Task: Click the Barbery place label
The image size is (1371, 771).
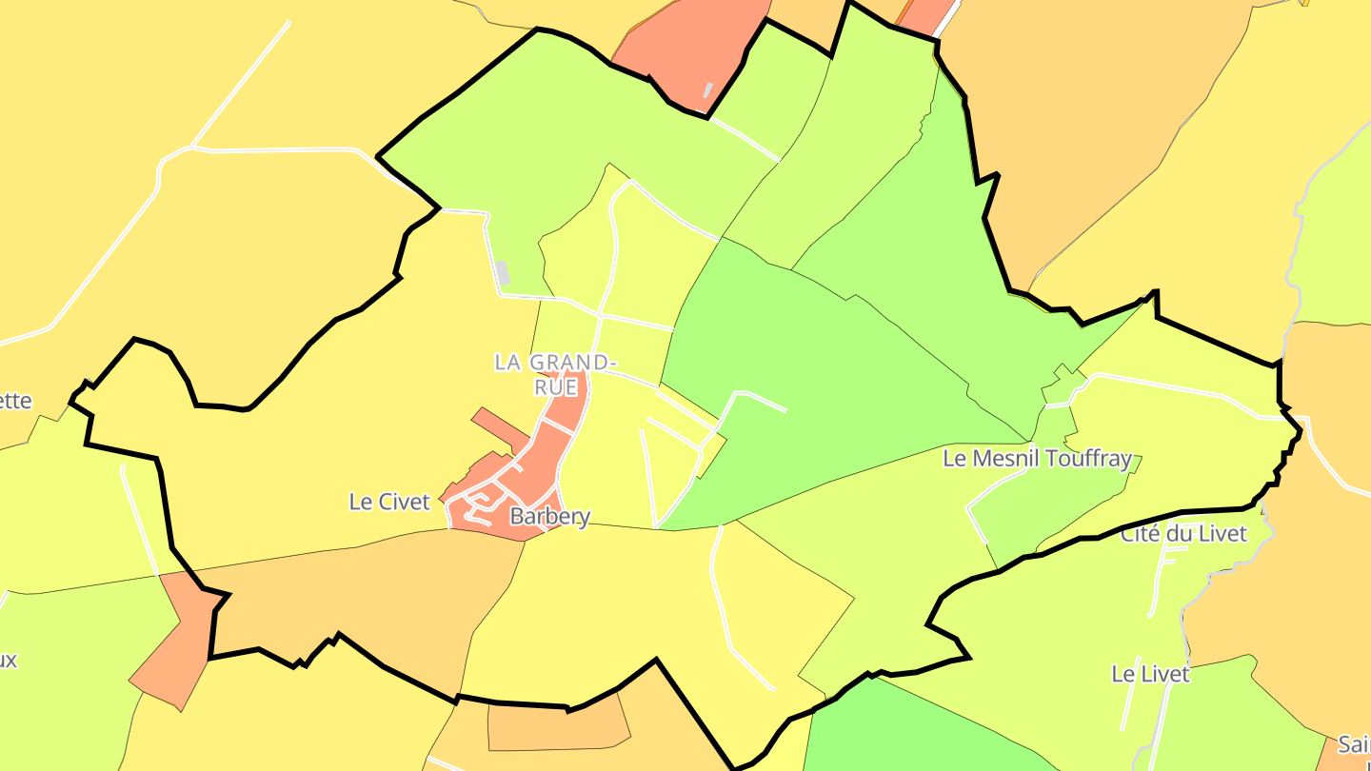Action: pos(549,517)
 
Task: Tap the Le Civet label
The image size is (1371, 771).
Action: pos(390,502)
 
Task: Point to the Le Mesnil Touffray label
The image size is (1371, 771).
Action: pos(1037,459)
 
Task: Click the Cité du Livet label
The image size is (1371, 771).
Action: pos(1182,534)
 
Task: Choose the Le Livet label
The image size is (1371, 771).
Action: pos(1150,674)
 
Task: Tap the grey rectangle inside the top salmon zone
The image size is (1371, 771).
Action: pos(707,90)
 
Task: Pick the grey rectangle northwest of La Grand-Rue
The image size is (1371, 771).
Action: pos(503,273)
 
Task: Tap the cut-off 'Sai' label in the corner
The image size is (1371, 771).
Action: pos(1353,743)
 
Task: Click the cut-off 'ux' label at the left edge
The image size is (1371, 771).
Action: pos(9,660)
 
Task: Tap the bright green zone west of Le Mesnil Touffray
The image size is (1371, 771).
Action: pos(838,381)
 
